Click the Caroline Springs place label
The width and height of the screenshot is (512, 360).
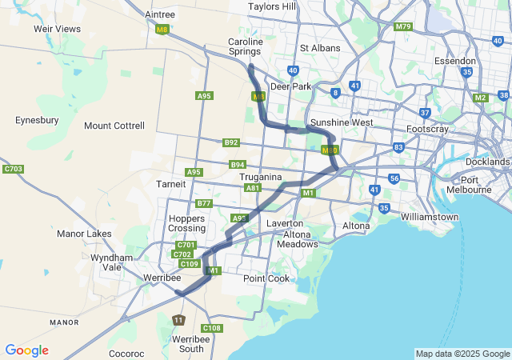tap(245, 46)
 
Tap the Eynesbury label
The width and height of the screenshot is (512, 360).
tap(37, 120)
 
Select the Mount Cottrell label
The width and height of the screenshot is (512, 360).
tap(114, 126)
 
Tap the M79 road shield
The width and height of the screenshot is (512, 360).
tap(402, 26)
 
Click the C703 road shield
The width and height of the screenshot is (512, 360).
tap(13, 169)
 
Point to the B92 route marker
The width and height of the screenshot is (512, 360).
tap(231, 142)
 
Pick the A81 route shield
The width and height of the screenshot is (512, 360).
tap(253, 188)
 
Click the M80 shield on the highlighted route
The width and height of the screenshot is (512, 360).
tap(329, 150)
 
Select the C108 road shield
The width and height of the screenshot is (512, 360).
tap(212, 328)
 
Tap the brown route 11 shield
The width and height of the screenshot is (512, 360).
tap(178, 320)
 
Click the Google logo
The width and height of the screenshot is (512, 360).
tap(26, 350)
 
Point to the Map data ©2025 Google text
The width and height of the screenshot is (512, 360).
tap(462, 354)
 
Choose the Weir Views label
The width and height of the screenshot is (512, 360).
tap(56, 29)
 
